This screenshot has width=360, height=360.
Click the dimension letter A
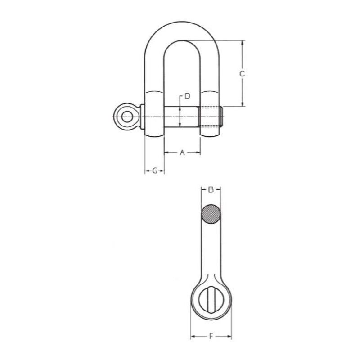[182, 153]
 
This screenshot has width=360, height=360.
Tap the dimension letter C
[243, 74]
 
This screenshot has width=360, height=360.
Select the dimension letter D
[188, 96]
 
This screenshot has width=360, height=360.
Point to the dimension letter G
[155, 171]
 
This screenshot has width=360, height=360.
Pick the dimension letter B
[211, 189]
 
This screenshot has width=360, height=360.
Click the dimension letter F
[211, 337]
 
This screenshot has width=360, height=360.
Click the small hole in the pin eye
[127, 117]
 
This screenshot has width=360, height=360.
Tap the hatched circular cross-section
[211, 214]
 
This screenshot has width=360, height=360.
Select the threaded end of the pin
[211, 117]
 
